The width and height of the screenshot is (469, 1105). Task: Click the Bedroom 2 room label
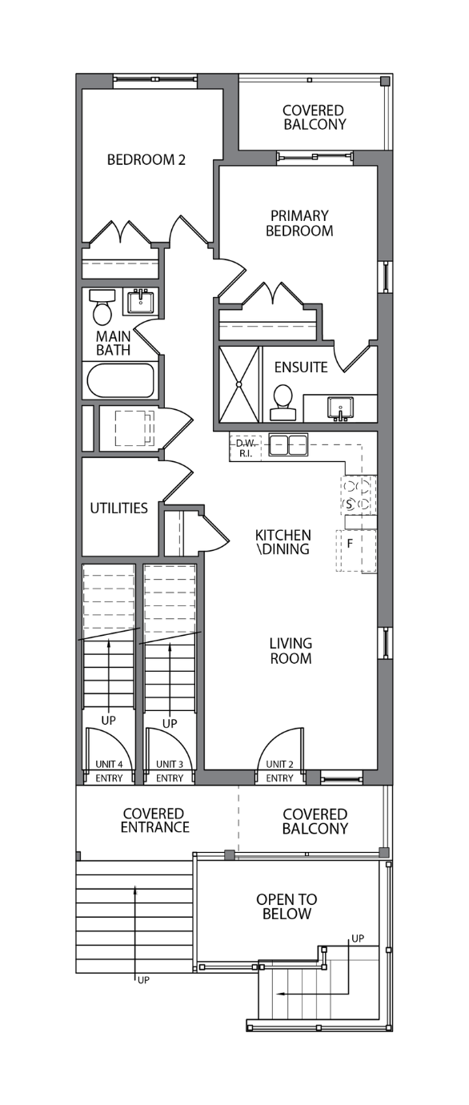pyautogui.click(x=146, y=160)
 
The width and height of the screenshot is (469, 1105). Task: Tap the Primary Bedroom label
pyautogui.click(x=299, y=223)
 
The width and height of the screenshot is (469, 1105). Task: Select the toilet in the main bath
pyautogui.click(x=102, y=307)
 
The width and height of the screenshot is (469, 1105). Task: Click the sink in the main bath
pyautogui.click(x=141, y=301)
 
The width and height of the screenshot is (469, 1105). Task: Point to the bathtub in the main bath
pyautogui.click(x=122, y=380)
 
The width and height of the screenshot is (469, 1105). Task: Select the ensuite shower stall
pyautogui.click(x=239, y=384)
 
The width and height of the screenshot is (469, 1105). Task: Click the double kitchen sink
pyautogui.click(x=288, y=444)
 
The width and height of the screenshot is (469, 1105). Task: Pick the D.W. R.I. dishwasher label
pyautogui.click(x=246, y=448)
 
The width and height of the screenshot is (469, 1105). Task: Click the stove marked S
pyautogui.click(x=359, y=495)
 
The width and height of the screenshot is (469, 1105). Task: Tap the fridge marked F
pyautogui.click(x=356, y=551)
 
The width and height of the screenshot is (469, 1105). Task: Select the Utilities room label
pyautogui.click(x=119, y=508)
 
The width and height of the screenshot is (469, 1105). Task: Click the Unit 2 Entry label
pyautogui.click(x=279, y=771)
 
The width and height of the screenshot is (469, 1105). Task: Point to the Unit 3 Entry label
pyautogui.click(x=170, y=771)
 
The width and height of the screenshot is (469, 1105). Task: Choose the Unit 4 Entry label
pyautogui.click(x=109, y=771)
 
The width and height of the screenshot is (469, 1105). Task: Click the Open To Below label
pyautogui.click(x=287, y=906)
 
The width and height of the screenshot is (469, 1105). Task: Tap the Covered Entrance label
pyautogui.click(x=154, y=821)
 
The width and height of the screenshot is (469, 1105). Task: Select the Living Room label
pyautogui.click(x=291, y=651)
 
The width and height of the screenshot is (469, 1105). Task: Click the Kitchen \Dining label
pyautogui.click(x=283, y=542)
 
